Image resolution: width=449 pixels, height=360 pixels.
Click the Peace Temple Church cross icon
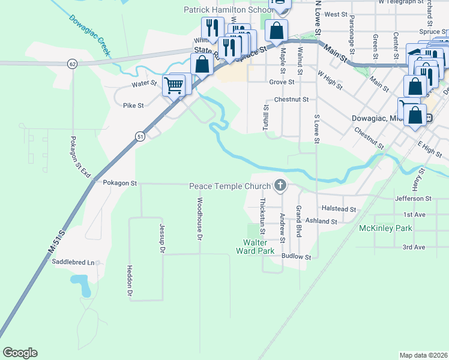coord(280,186)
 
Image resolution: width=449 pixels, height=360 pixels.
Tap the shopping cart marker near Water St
coord(174,85)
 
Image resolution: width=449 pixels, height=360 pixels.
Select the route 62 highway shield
coord(72,64)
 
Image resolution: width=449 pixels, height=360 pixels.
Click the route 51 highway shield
coord(140,137)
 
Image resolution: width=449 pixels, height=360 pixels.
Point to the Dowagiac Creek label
coord(90,37)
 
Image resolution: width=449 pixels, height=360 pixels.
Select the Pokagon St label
coord(120,182)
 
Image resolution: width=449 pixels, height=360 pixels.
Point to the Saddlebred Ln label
coord(74,262)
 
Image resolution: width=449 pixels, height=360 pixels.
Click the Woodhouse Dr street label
coord(199,219)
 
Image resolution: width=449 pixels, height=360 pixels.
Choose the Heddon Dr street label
coord(130,281)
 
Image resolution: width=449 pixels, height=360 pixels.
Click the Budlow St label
coord(297,257)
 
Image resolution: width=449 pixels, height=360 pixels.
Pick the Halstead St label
coord(339,209)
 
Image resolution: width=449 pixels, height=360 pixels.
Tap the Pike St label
coord(133,106)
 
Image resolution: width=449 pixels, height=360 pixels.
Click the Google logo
coord(20,353)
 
